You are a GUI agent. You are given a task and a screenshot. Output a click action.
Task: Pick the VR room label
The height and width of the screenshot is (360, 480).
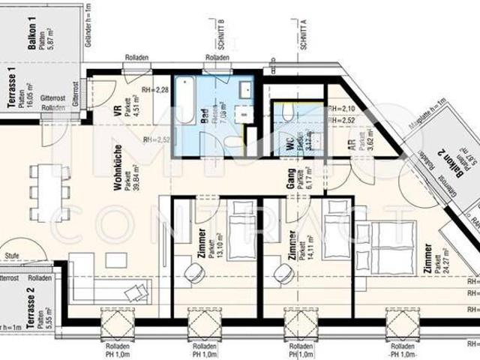tap(118, 112)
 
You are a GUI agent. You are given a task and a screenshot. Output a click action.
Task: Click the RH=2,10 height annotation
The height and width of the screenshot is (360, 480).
tap(342, 109)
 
